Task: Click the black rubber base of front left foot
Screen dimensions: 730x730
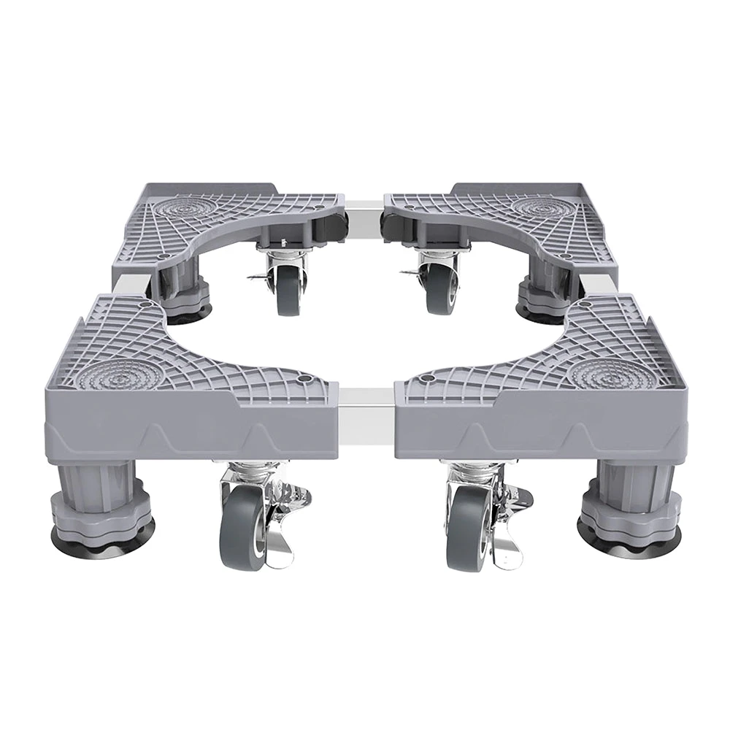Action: (102, 540)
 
